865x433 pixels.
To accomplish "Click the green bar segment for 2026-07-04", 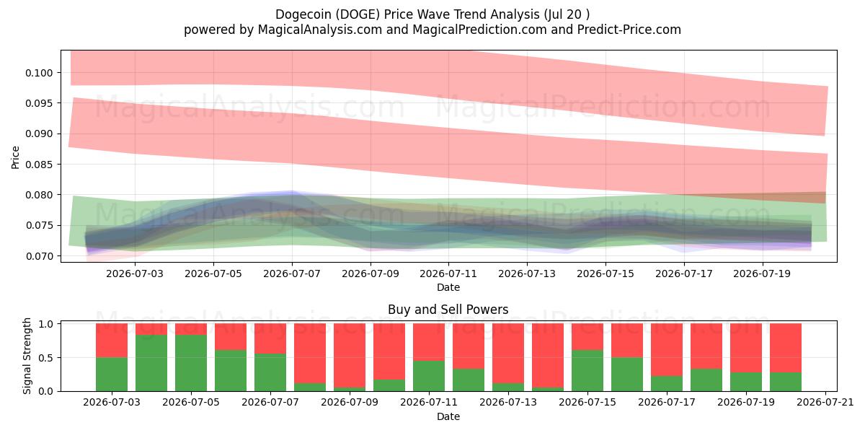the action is click(x=151, y=363).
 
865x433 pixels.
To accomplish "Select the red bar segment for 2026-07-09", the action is click(x=350, y=355).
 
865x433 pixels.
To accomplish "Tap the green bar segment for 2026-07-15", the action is click(x=587, y=370).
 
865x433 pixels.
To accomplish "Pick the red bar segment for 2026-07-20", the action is click(x=786, y=348).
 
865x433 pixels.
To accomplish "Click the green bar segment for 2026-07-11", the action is click(x=429, y=376).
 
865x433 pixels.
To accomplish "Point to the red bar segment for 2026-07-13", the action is click(x=508, y=354).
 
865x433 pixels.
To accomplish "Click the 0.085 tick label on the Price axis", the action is click(x=39, y=165).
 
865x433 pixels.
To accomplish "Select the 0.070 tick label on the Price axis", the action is click(x=39, y=256).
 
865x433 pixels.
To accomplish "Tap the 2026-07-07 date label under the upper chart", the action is click(x=292, y=274).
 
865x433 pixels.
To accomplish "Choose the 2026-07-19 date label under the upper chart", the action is click(x=763, y=274).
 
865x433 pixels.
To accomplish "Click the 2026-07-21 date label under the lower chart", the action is click(x=825, y=402).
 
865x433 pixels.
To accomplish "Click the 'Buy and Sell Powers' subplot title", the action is click(x=448, y=310).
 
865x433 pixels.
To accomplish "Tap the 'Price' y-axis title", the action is click(x=15, y=157).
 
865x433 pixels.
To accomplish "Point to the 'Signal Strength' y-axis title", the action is click(x=27, y=356).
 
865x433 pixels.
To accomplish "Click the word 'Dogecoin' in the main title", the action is click(x=303, y=14).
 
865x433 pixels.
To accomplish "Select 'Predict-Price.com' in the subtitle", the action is click(x=629, y=30).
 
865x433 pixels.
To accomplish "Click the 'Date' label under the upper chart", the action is click(x=448, y=287).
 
